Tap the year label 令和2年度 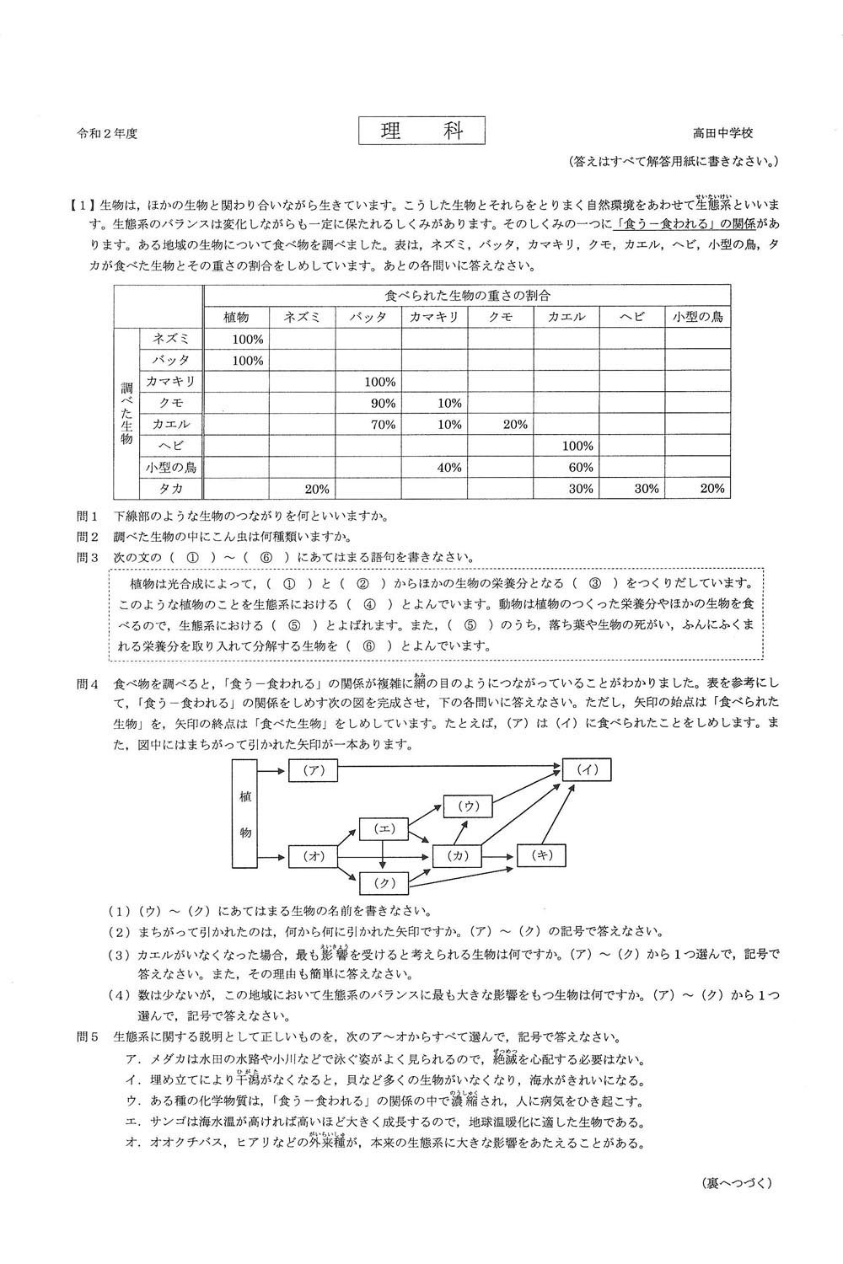107,133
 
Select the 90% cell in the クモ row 383,403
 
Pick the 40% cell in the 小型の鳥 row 448,467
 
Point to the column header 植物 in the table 236,317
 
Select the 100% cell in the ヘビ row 577,446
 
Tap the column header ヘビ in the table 631,317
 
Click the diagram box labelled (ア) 313,769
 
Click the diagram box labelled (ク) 384,883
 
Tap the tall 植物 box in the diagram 244,813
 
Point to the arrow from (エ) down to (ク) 384,855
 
